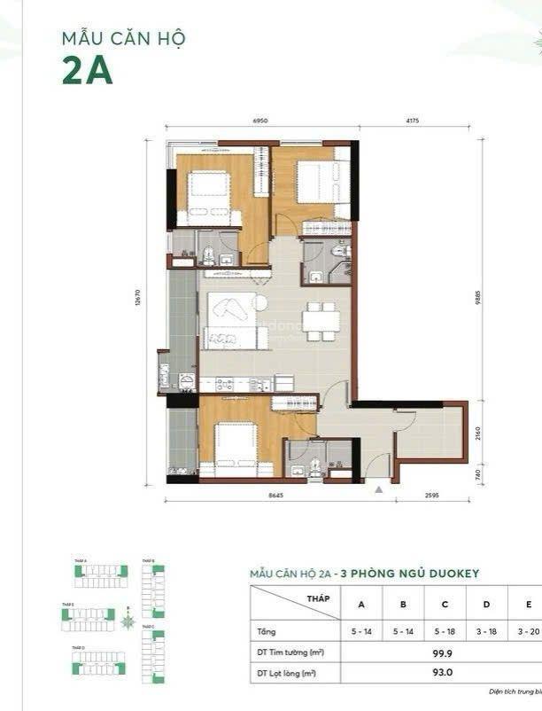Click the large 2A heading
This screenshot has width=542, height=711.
87,71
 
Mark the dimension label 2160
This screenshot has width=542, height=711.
479,433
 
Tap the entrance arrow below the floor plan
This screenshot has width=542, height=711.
379,488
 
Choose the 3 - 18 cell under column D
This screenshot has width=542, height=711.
487,631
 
